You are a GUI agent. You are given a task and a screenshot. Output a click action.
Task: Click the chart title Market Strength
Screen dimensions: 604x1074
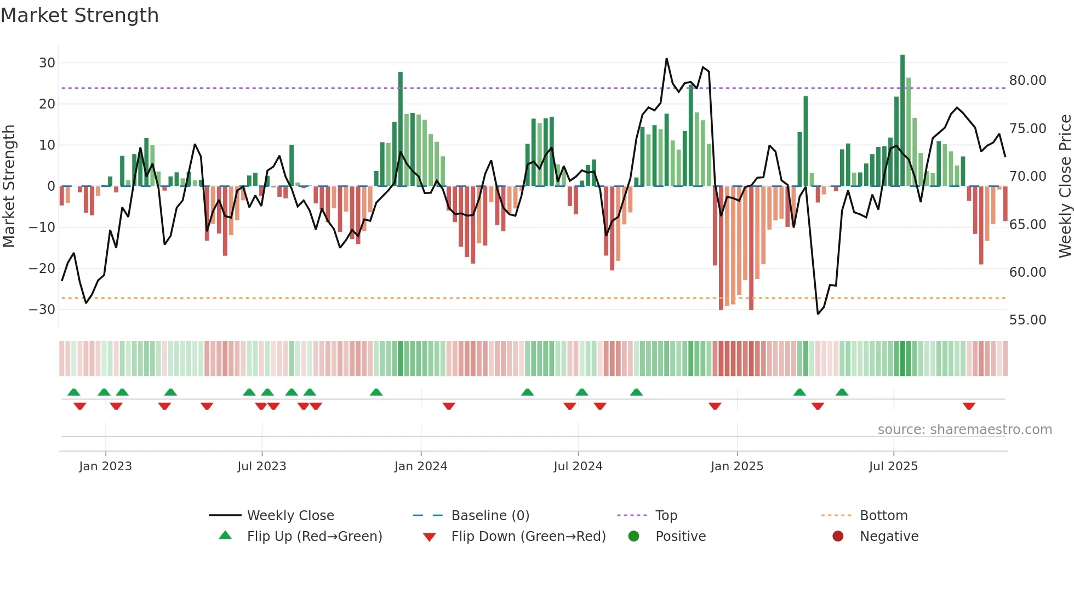point(79,15)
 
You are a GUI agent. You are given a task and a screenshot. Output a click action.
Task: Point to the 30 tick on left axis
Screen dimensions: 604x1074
point(47,62)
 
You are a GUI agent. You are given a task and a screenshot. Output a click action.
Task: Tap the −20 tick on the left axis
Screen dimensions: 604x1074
point(42,268)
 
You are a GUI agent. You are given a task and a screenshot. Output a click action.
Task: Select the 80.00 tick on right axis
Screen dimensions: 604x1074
point(1027,81)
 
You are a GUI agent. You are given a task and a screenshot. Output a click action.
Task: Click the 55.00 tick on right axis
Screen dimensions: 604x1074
point(1027,320)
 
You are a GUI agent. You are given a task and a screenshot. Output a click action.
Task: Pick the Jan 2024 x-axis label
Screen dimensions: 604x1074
point(420,466)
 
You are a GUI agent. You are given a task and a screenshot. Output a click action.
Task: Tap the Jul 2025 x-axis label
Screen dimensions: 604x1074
point(893,466)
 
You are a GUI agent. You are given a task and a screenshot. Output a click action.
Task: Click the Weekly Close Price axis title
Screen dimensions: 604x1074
point(1065,186)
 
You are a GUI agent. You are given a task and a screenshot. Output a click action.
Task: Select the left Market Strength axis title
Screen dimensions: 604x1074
point(9,186)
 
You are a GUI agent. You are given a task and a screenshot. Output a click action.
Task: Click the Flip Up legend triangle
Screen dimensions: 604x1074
point(225,535)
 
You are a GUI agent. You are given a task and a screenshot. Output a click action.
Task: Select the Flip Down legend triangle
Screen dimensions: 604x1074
point(430,537)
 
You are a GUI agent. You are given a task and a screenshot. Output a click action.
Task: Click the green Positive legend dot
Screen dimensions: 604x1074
point(633,536)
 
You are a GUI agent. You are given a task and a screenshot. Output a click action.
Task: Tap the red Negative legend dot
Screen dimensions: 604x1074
point(838,536)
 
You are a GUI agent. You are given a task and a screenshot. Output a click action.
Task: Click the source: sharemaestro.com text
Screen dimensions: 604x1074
point(964,430)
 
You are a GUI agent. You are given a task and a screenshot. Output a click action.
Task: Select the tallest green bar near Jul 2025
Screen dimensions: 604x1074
point(902,121)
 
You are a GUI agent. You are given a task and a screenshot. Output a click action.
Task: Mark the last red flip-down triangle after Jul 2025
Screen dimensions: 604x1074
point(969,406)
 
